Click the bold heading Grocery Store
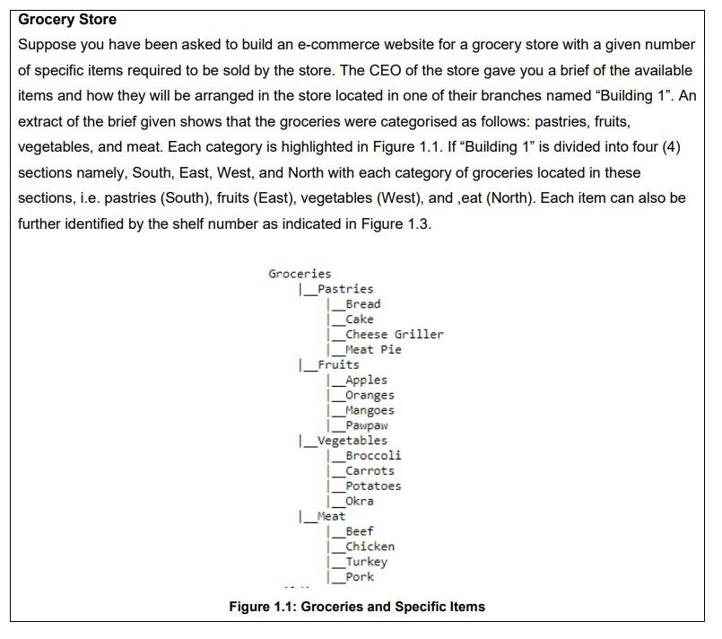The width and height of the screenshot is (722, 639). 67,19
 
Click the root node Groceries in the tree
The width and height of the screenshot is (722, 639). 300,274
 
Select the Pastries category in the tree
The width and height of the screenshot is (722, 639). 345,289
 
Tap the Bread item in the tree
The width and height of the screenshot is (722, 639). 362,304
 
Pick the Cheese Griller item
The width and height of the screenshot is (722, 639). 394,335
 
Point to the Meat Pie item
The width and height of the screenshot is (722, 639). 373,350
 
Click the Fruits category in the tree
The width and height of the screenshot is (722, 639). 338,365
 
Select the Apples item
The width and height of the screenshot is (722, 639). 366,381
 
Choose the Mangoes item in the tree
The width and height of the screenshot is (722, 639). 370,410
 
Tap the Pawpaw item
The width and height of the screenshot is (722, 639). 366,425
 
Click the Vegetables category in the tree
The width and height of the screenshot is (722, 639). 352,441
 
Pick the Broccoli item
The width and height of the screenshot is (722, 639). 373,456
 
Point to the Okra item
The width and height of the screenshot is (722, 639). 359,501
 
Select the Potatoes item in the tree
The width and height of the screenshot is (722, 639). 373,486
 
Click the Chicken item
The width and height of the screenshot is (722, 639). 370,547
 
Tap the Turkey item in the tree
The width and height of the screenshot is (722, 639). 366,562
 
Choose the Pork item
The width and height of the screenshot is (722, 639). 359,577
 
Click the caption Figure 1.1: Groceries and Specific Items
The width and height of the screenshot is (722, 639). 357,607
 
